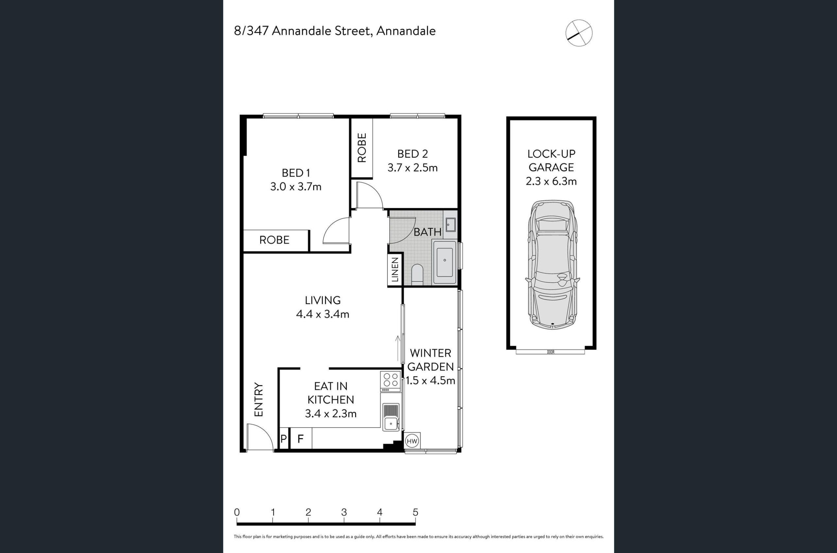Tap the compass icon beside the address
click(579, 33)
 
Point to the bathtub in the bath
click(445, 262)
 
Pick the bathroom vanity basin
click(451, 225)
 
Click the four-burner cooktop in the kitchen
click(390, 381)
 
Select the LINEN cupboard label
click(395, 269)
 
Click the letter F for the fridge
click(300, 439)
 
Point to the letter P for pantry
click(283, 439)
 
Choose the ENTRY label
click(259, 400)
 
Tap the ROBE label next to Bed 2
click(362, 147)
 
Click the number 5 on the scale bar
click(415, 512)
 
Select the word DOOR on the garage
click(551, 352)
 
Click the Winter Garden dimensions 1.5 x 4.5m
click(431, 381)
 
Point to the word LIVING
click(323, 300)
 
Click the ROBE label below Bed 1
click(274, 240)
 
